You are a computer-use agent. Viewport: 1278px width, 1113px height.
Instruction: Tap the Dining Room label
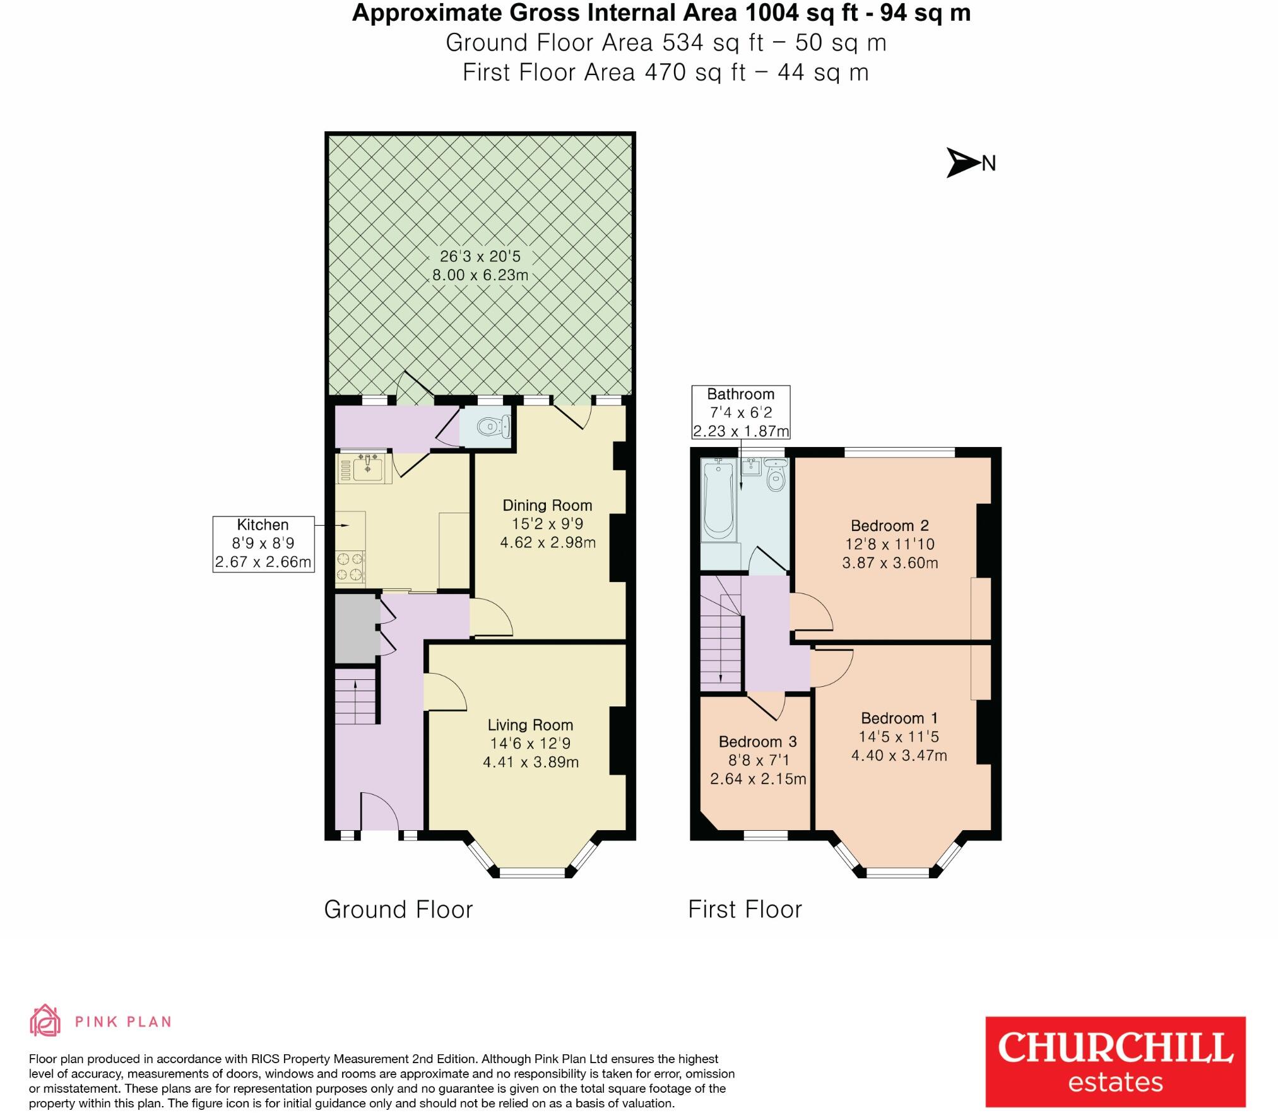tap(547, 505)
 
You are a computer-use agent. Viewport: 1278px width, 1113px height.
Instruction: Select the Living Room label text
tap(530, 725)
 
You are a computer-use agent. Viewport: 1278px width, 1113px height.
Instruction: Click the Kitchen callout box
tap(263, 544)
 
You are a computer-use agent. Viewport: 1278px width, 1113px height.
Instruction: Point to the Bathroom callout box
tap(740, 412)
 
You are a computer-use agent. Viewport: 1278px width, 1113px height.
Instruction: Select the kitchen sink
tap(366, 467)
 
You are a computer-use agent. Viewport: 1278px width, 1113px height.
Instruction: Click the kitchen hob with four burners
tap(350, 566)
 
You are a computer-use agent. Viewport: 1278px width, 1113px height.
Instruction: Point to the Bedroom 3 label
tap(757, 741)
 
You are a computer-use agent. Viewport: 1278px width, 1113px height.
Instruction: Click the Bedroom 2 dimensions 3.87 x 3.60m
tap(890, 562)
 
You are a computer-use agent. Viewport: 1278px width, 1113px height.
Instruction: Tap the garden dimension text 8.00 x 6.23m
tap(480, 275)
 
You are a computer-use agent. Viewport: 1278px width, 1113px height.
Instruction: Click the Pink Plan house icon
tap(45, 1020)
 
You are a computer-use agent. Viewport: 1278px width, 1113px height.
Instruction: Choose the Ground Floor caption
tap(398, 910)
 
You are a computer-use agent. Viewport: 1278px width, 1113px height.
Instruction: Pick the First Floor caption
tap(745, 910)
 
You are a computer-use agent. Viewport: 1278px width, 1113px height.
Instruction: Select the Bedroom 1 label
tap(899, 718)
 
